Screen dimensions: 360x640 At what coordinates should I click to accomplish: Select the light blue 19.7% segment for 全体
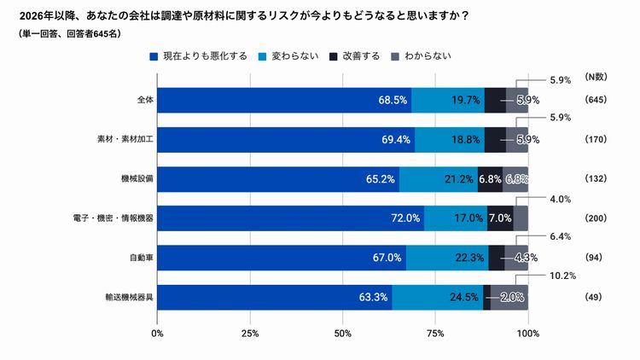click(447, 100)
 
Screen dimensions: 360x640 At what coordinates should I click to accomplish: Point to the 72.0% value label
click(405, 218)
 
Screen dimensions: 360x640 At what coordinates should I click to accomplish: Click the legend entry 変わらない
click(295, 56)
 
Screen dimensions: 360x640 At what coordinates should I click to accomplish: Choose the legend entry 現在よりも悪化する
click(204, 56)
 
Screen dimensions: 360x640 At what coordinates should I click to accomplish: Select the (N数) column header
click(596, 78)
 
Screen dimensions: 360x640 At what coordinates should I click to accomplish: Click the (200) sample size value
click(595, 218)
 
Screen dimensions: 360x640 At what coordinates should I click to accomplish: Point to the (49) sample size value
click(595, 297)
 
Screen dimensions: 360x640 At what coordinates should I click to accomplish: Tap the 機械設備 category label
click(137, 178)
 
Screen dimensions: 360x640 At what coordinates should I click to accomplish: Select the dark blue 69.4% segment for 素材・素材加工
click(286, 139)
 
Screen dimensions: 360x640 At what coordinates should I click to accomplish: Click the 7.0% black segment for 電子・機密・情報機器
click(499, 218)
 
